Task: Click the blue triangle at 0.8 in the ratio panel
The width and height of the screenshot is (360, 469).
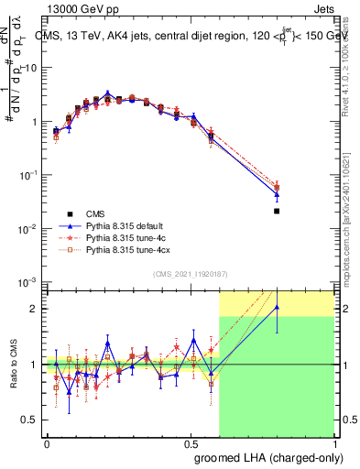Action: [277, 308]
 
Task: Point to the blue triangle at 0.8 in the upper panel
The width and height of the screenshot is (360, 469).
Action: [277, 194]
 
